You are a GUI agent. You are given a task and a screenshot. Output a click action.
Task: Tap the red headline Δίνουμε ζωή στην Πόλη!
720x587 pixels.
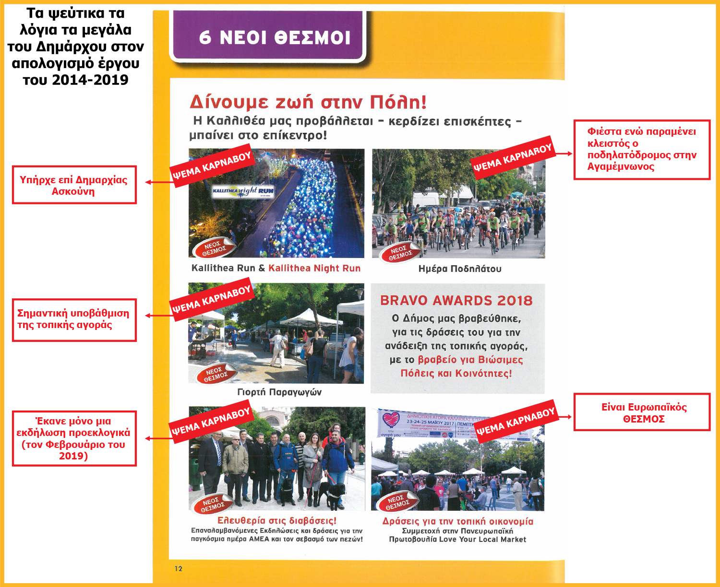click(308, 102)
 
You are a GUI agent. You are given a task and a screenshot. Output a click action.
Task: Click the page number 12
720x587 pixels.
click(179, 569)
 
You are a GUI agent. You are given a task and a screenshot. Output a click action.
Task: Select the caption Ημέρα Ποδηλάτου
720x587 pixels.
click(459, 269)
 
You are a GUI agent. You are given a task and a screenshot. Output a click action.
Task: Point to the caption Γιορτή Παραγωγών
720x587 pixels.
click(279, 392)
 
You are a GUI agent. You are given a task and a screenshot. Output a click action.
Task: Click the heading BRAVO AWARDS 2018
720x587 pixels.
click(456, 301)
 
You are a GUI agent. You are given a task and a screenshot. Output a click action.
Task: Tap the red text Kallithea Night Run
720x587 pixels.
click(314, 269)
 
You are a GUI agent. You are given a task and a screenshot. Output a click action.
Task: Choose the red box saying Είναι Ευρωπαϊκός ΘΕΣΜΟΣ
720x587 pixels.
click(642, 412)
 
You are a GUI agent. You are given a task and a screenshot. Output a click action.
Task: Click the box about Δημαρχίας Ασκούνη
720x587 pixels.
click(74, 185)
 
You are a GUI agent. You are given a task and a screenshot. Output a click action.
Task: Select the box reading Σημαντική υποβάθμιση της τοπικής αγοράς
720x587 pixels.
click(74, 320)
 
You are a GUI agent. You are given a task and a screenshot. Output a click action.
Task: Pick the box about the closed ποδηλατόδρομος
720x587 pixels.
click(642, 150)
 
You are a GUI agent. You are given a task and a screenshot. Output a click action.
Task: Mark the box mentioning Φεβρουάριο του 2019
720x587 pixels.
click(74, 438)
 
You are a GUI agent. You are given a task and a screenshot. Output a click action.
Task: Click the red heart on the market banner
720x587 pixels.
click(391, 419)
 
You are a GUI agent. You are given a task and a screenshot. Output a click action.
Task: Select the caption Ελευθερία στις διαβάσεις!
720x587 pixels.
click(277, 521)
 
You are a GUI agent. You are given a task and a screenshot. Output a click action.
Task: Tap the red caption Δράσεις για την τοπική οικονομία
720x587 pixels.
click(457, 521)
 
